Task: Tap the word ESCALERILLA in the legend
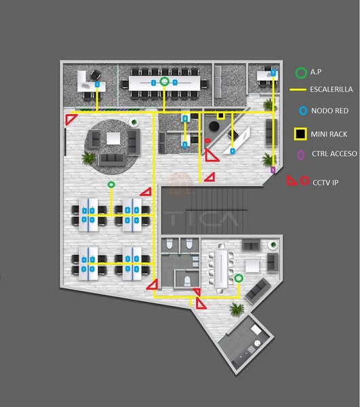332,90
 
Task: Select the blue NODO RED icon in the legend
303,111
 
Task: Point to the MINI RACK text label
329,134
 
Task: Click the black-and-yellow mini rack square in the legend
300,134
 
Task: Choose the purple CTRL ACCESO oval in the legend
300,155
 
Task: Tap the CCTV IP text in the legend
325,182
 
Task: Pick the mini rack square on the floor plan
220,115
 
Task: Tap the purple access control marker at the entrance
273,170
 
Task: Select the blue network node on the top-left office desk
97,84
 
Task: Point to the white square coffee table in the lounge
113,138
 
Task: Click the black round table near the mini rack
214,126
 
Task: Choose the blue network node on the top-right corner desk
273,73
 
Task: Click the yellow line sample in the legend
298,90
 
